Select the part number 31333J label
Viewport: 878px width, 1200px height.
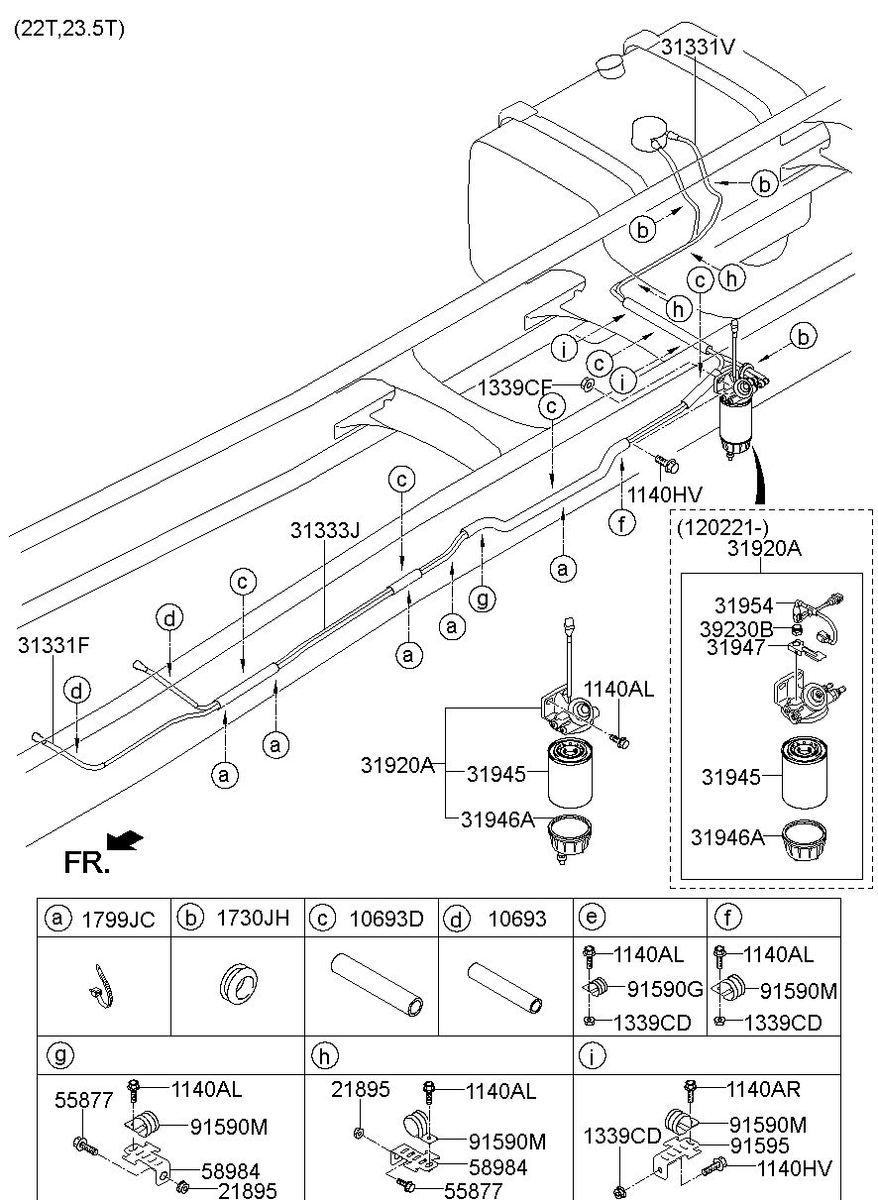(325, 531)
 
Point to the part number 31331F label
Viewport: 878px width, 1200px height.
(54, 645)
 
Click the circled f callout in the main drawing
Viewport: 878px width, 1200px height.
(621, 522)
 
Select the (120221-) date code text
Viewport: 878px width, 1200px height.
(721, 527)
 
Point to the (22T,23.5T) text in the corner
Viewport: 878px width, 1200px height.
(69, 29)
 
